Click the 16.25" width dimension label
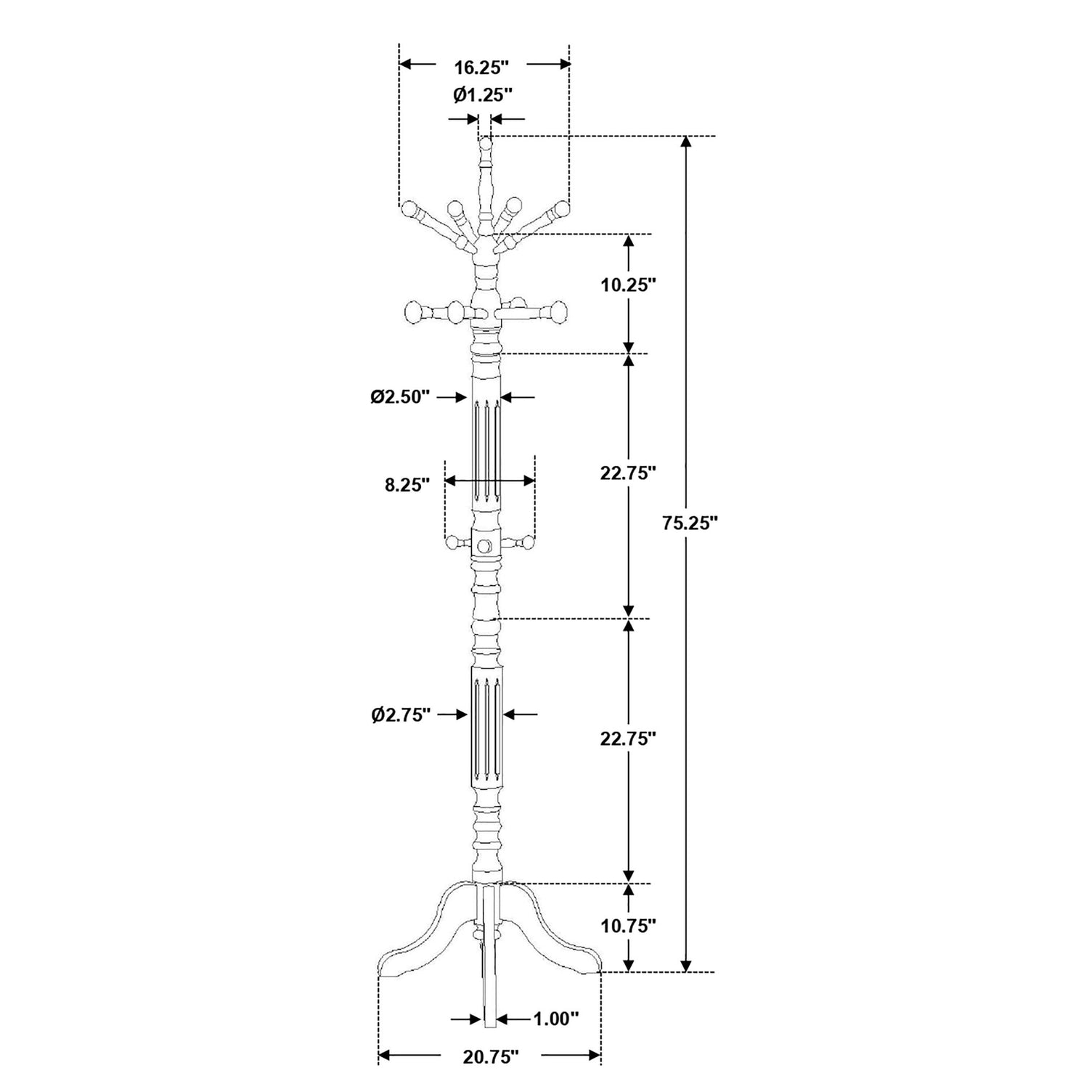pyautogui.click(x=481, y=68)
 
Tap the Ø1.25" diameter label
pyautogui.click(x=483, y=94)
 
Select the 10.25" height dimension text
pyautogui.click(x=628, y=285)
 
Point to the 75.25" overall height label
pyautogui.click(x=690, y=523)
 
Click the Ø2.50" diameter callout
pyautogui.click(x=400, y=397)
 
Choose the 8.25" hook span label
pyautogui.click(x=407, y=485)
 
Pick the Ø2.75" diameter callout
pyautogui.click(x=401, y=714)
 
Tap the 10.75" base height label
pyautogui.click(x=628, y=925)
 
